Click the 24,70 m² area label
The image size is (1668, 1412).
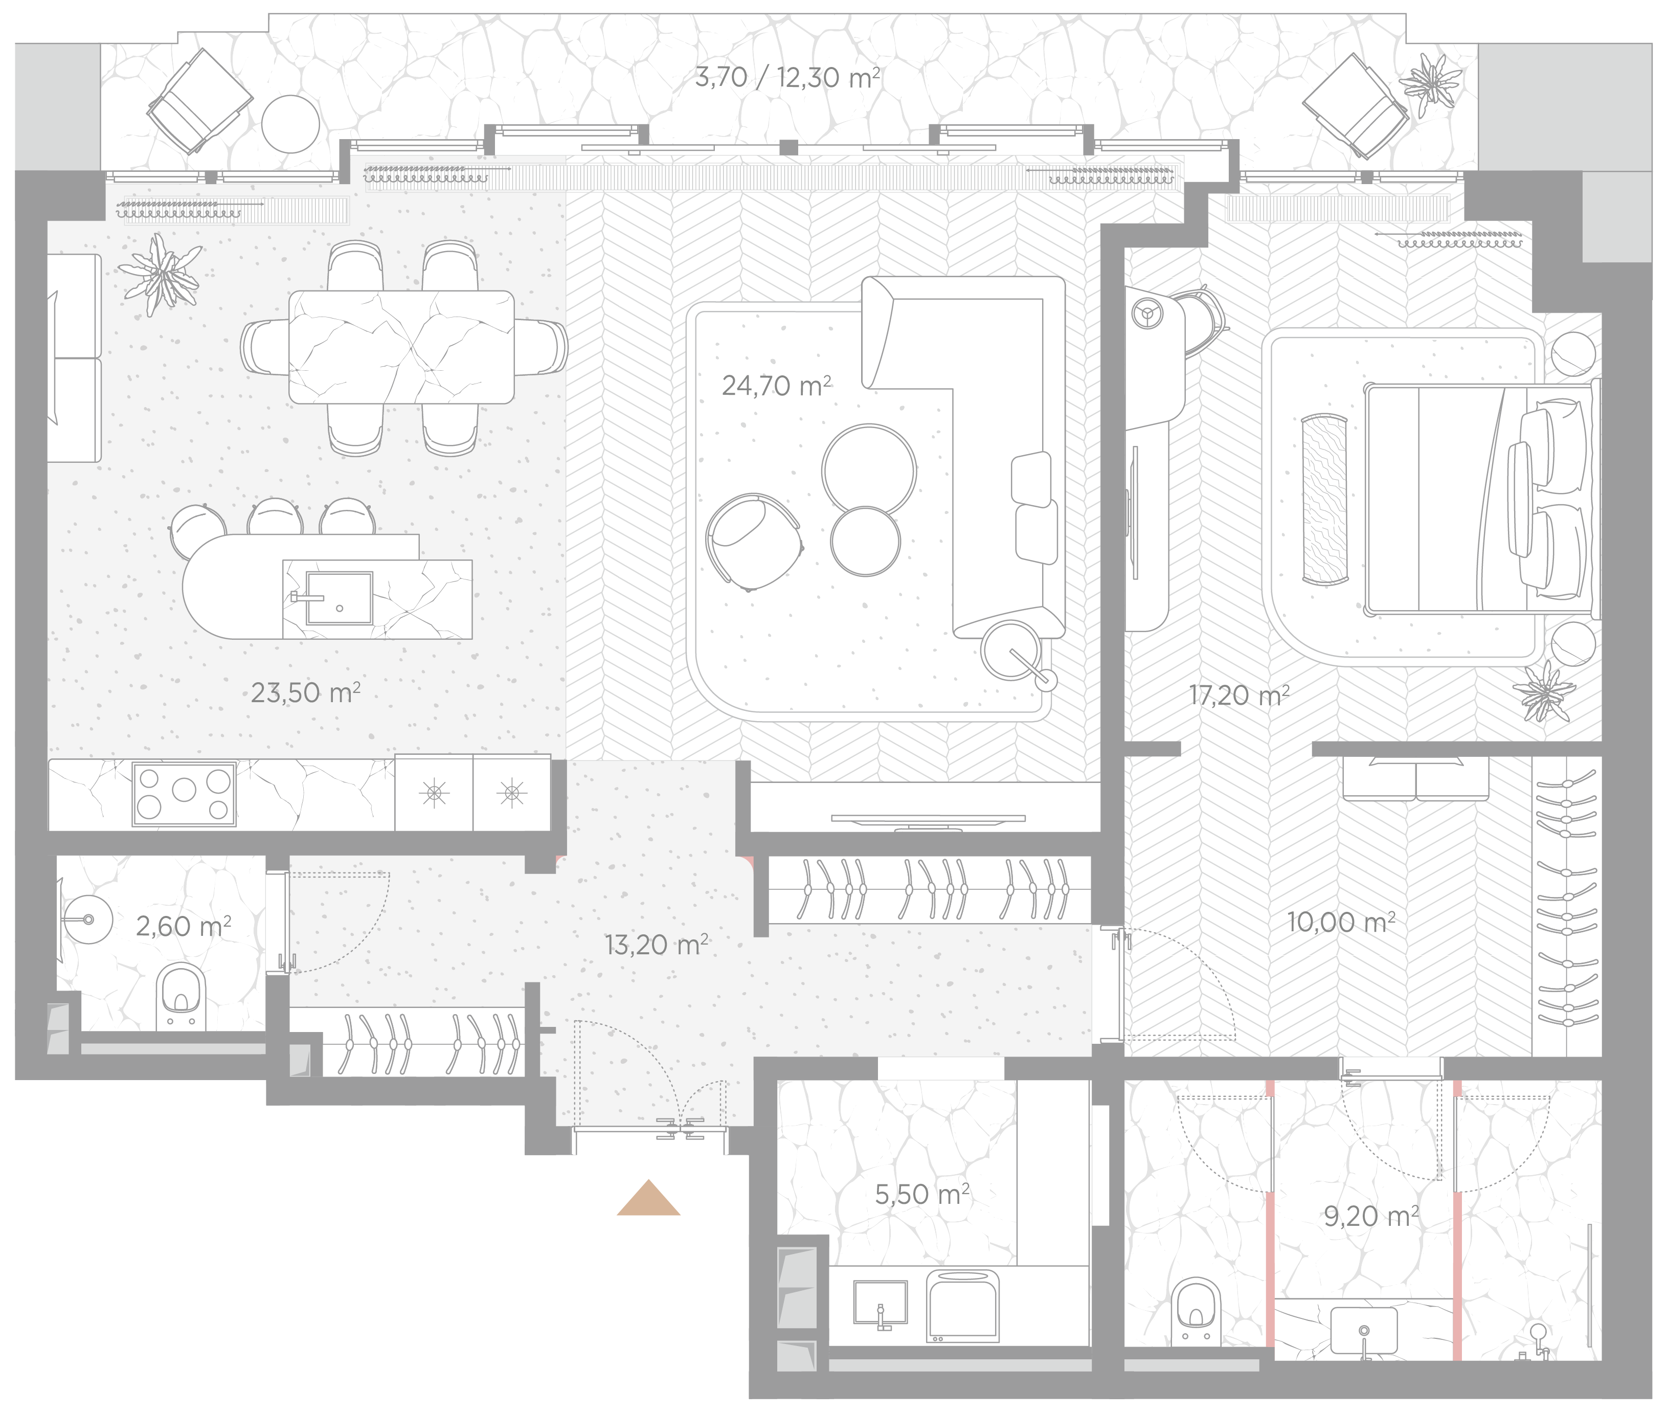[776, 386]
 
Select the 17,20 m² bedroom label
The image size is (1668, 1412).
[1239, 695]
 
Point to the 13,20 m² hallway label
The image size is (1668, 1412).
[657, 945]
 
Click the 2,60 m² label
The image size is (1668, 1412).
[183, 926]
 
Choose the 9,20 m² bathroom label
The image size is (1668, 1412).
[1371, 1216]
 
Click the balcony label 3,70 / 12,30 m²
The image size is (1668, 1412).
[787, 78]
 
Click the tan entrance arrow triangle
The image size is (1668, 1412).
[648, 1198]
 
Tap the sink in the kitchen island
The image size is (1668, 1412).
[340, 598]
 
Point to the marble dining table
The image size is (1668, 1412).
[401, 347]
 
